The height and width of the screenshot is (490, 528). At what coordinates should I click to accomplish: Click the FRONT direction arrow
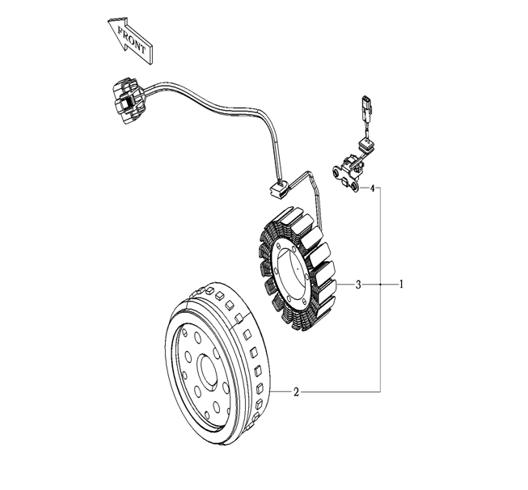click(131, 40)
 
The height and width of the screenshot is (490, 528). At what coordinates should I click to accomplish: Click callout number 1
click(401, 285)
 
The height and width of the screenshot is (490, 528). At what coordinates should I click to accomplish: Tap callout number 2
click(296, 392)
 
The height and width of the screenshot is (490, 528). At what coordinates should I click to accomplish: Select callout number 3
click(358, 285)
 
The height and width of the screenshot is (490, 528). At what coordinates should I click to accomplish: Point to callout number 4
click(372, 188)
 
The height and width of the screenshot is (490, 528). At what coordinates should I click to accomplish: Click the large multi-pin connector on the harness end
click(129, 100)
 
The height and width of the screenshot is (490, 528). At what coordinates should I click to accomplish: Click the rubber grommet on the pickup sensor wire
click(365, 146)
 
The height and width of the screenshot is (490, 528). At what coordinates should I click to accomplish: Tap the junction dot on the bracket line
click(381, 285)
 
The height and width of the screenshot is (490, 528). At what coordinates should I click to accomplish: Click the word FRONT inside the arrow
click(132, 40)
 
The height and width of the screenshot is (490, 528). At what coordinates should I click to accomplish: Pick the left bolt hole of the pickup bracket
click(336, 173)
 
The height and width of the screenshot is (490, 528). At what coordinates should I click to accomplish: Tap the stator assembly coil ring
click(298, 268)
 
